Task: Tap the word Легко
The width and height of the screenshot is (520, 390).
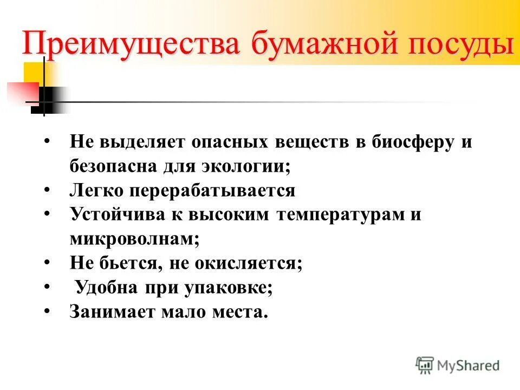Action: pyautogui.click(x=97, y=190)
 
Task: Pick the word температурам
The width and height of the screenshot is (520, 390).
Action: pyautogui.click(x=335, y=214)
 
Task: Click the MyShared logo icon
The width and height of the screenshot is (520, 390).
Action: pyautogui.click(x=425, y=365)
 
